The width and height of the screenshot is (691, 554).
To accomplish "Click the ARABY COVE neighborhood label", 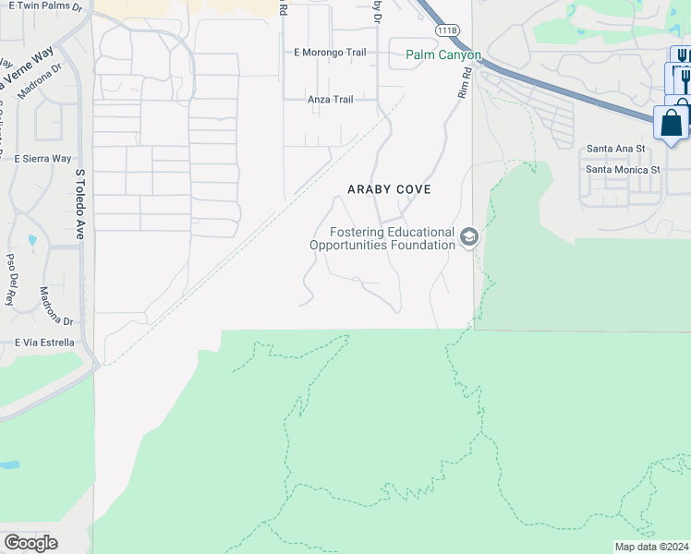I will pyautogui.click(x=389, y=188).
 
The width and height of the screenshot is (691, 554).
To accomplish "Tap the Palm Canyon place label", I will pyautogui.click(x=443, y=55).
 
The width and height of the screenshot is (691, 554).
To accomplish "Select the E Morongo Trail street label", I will pyautogui.click(x=330, y=53).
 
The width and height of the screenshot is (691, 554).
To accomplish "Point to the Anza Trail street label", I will pyautogui.click(x=331, y=100).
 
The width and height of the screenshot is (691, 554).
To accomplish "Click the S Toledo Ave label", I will pyautogui.click(x=79, y=204).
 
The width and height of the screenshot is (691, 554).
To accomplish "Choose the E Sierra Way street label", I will pyautogui.click(x=42, y=159).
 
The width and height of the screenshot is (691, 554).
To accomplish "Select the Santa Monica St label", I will pyautogui.click(x=624, y=170).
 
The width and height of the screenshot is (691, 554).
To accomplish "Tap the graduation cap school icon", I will pyautogui.click(x=469, y=238).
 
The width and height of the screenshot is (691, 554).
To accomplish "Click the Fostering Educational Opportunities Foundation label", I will pyautogui.click(x=382, y=238).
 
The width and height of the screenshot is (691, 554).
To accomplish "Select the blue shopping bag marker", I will pyautogui.click(x=672, y=123).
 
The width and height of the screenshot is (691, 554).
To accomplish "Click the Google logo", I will pyautogui.click(x=30, y=542).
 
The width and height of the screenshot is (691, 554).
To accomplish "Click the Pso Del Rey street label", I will pyautogui.click(x=11, y=280).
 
